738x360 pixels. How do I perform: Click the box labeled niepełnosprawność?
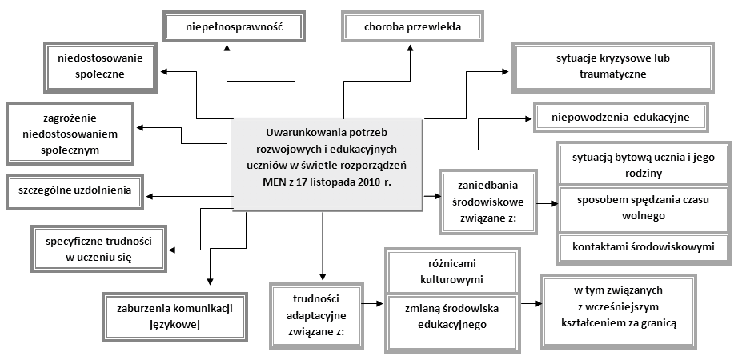(x=234, y=26)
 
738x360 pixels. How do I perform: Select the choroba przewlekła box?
(x=412, y=26)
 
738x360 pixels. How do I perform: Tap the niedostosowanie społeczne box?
(x=100, y=67)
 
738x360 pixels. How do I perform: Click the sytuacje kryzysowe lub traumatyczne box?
(x=613, y=67)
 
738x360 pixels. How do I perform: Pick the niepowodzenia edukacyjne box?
(x=621, y=117)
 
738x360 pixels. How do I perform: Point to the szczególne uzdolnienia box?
(x=74, y=191)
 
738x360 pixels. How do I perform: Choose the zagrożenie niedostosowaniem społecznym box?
(x=70, y=134)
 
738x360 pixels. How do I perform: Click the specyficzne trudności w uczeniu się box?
(x=98, y=249)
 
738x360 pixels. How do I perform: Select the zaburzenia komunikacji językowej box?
(x=174, y=316)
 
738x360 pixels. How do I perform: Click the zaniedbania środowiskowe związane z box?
(x=487, y=202)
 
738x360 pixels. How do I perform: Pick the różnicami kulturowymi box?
(x=451, y=271)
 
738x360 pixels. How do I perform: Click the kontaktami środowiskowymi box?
(x=644, y=247)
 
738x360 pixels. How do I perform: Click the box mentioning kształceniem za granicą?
(x=619, y=311)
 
